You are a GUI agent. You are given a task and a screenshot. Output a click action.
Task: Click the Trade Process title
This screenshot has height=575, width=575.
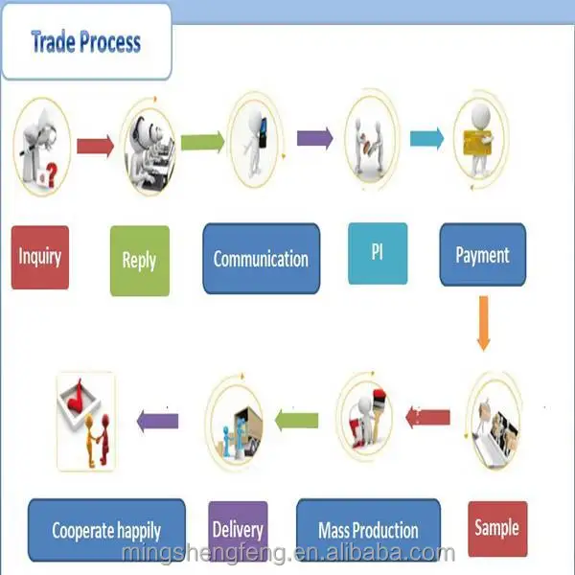pos(85,42)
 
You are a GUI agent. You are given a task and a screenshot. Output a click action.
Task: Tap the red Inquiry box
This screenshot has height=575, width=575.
pos(40,256)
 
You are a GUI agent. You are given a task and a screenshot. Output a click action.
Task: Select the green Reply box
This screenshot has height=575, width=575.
pos(139,260)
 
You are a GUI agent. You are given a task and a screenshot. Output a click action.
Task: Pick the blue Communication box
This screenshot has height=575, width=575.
pos(261,258)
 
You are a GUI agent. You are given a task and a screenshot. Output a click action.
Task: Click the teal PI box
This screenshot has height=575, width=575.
pos(377,252)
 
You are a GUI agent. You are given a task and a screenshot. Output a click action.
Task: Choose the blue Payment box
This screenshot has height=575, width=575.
pos(482,255)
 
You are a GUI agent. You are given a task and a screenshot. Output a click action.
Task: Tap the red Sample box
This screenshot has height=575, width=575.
pos(496,527)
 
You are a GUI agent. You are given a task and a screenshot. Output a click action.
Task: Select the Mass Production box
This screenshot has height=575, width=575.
pos(368,529)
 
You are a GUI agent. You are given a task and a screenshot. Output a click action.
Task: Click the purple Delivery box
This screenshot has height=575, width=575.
pos(239,529)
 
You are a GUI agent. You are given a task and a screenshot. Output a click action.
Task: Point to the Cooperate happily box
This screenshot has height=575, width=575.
pos(106,529)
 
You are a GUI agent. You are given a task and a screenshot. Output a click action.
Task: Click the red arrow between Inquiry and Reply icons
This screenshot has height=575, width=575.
pos(94,146)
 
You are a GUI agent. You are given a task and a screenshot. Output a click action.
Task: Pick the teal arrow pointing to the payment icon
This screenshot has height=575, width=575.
pos(428,138)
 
